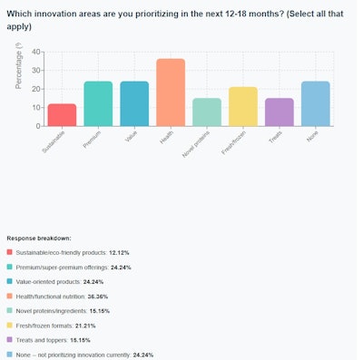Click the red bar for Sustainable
[62, 115]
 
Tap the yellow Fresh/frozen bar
[243, 107]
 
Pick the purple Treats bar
[280, 112]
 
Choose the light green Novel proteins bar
[207, 112]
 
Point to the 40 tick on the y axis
[35, 52]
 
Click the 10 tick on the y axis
[35, 108]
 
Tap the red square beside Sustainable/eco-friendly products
[9, 251]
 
